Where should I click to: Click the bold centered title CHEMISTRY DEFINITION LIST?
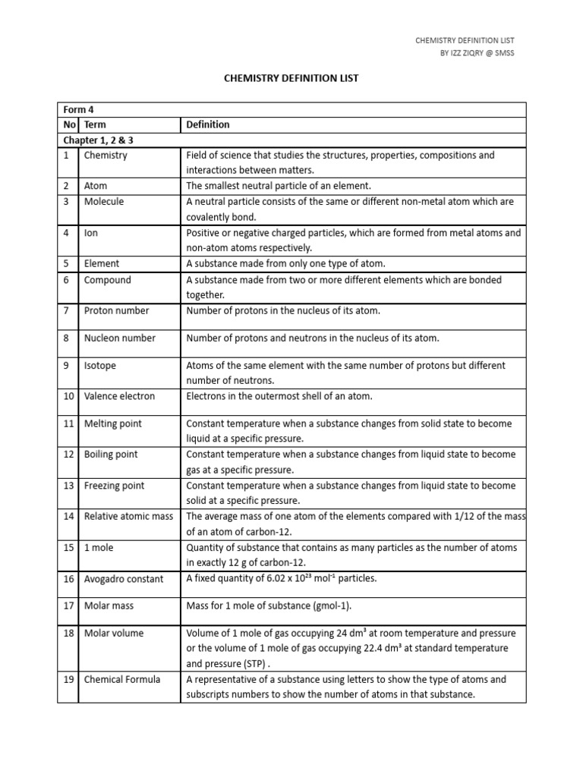pos(291,78)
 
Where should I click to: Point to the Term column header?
pos(96,124)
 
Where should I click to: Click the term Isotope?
pos(100,366)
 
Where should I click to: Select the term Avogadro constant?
pos(123,579)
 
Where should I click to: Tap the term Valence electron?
pos(119,396)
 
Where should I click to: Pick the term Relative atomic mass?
pos(128,517)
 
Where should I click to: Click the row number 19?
pos(68,679)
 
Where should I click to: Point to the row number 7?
pos(67,310)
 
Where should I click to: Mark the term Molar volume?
pos(113,633)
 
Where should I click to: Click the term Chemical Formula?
pos(122,679)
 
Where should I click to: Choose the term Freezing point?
pos(114,486)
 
